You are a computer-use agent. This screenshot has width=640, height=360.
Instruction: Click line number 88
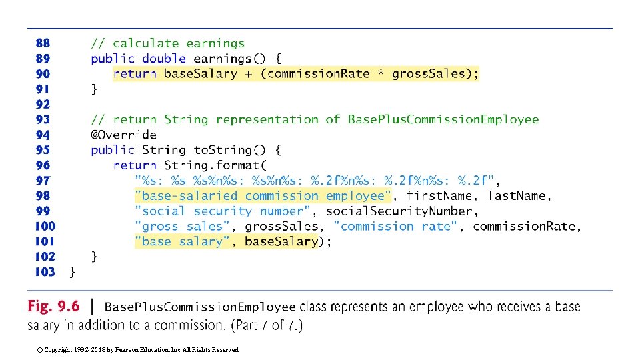(42, 44)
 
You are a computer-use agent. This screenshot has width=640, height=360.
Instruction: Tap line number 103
(45, 272)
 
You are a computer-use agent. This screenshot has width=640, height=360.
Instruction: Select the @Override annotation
(123, 135)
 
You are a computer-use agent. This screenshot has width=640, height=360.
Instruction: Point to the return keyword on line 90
(135, 74)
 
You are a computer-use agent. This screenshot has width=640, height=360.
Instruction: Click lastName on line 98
(517, 196)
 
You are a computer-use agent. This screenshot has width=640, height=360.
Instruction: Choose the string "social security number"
(222, 211)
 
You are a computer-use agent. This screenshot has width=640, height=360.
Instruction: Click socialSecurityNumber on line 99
(400, 211)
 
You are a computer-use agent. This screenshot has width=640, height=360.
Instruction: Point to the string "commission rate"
(397, 227)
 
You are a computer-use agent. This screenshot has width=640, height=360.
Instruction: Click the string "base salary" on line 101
(182, 242)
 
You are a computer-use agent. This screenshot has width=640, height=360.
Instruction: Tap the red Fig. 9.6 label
(53, 307)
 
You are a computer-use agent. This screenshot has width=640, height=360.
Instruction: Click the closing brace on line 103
(73, 272)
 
